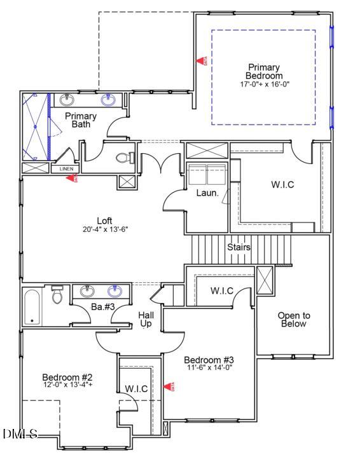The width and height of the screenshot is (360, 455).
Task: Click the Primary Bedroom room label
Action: (x=264, y=71)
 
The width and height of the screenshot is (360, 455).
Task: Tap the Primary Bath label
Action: (x=81, y=120)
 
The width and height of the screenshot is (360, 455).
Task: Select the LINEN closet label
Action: (x=67, y=169)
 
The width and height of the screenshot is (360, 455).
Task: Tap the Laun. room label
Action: (x=207, y=193)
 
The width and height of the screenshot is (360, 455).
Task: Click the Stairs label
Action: (x=239, y=247)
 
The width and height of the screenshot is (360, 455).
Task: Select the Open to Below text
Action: (x=294, y=320)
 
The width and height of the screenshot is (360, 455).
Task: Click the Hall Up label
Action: (x=147, y=319)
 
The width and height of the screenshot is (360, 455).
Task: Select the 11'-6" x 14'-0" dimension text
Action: (x=210, y=367)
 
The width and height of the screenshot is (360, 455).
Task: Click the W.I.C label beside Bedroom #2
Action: (x=136, y=388)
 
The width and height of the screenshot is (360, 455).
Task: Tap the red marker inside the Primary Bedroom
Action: (x=200, y=61)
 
